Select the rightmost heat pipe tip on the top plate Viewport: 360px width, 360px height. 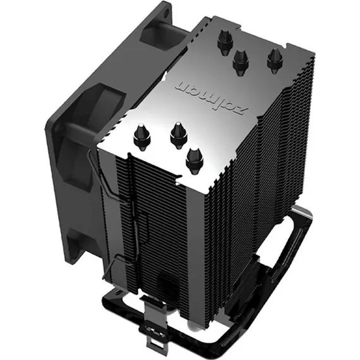[x=273, y=59]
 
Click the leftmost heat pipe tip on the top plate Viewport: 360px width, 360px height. [x=141, y=136]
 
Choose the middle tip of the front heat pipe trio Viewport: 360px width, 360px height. [x=177, y=133]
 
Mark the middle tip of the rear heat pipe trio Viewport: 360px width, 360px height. [x=241, y=61]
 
